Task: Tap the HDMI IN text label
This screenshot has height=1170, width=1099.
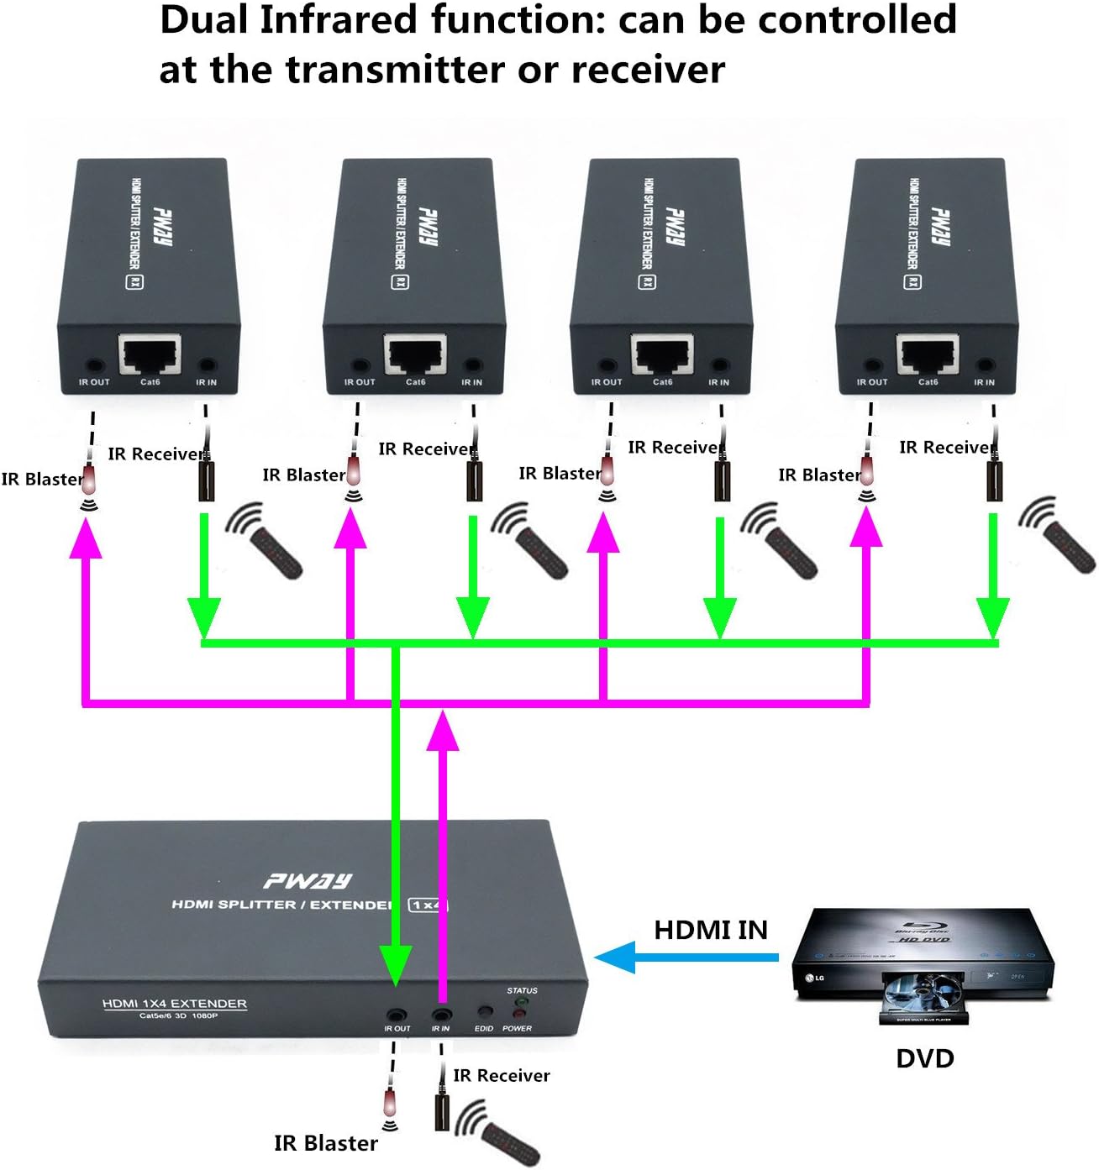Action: [x=711, y=930]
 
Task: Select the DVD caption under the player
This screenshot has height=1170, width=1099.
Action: [x=924, y=1058]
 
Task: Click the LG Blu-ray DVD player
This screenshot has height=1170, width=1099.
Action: [x=923, y=965]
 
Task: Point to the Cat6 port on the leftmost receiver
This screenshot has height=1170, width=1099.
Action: [x=150, y=354]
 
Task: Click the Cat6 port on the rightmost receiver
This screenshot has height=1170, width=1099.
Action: [x=928, y=354]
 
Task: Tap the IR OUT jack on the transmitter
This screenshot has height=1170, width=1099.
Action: [x=397, y=1015]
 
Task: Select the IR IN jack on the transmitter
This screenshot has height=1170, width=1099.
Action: [x=441, y=1015]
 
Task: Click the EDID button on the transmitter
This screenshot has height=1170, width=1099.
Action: [x=484, y=1013]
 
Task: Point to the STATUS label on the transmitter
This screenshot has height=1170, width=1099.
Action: [x=522, y=991]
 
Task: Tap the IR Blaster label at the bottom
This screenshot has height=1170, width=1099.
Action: [x=326, y=1143]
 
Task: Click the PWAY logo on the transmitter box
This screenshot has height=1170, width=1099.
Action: [x=308, y=880]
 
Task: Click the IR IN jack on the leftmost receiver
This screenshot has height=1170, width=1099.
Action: [x=207, y=365]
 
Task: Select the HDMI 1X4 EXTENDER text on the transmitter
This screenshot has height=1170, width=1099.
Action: [x=175, y=1004]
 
